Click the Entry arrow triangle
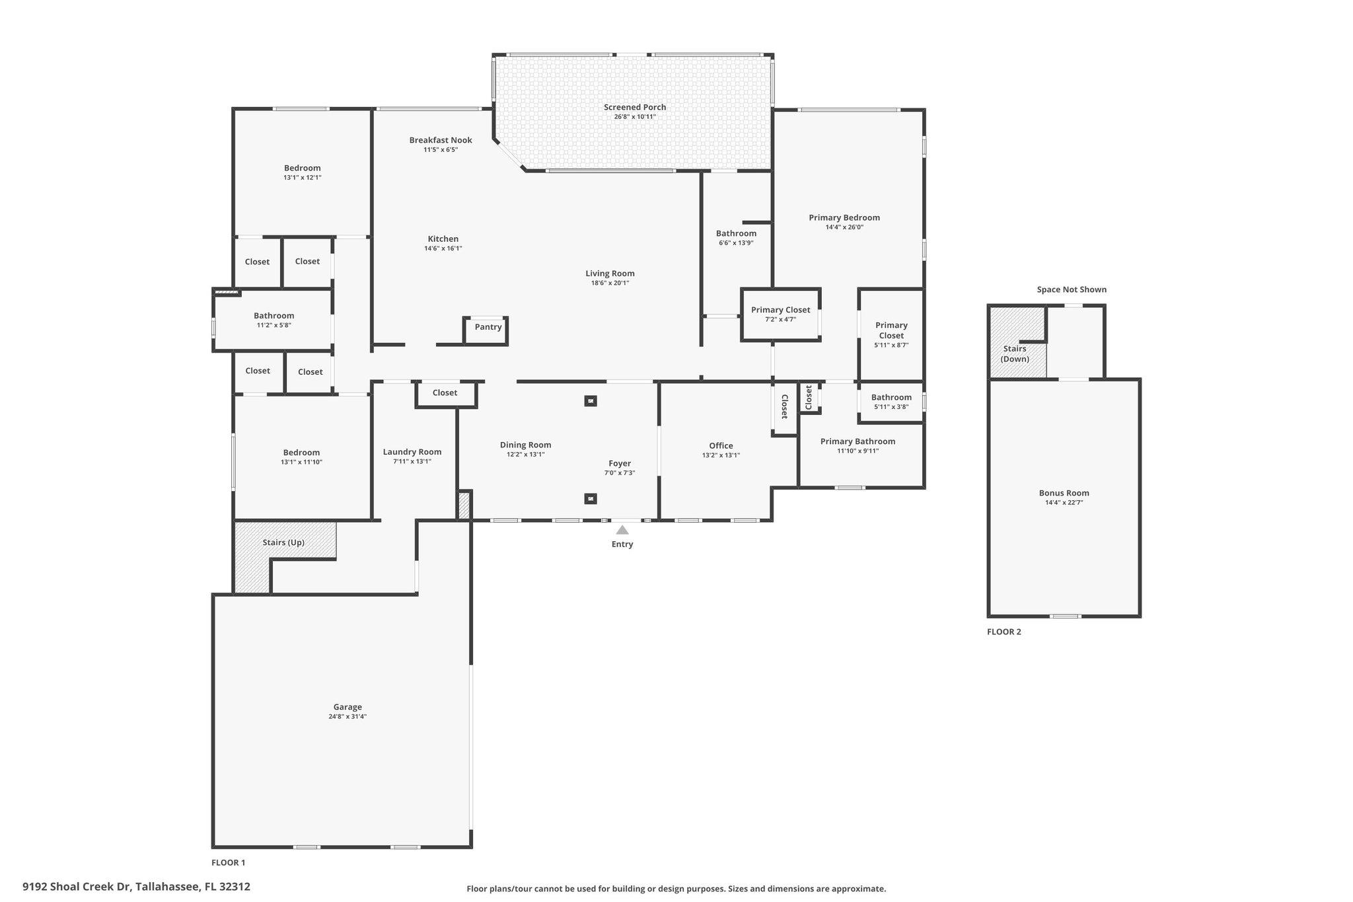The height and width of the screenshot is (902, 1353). click(622, 529)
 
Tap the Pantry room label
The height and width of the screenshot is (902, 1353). click(488, 327)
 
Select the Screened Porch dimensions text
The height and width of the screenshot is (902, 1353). click(634, 117)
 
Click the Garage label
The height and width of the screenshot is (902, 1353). click(347, 707)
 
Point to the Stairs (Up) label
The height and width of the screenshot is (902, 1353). click(283, 543)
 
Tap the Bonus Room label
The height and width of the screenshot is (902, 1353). click(1064, 493)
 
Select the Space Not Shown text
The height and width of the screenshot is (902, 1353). click(1072, 289)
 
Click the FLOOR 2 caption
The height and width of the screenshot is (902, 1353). click(1004, 632)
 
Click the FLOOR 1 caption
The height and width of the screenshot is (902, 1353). click(228, 862)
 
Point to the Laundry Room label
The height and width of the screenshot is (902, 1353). click(412, 452)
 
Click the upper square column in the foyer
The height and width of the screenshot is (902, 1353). click(591, 400)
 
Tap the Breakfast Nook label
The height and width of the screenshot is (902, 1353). click(441, 140)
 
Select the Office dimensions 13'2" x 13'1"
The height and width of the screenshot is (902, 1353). click(721, 455)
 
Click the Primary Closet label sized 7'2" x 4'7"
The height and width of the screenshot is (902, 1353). click(780, 310)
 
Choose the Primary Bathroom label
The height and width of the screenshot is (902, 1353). click(858, 441)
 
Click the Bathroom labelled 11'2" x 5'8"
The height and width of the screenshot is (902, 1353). click(274, 316)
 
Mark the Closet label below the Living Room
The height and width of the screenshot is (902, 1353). click(445, 393)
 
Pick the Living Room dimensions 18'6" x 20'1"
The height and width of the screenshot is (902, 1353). click(610, 283)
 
